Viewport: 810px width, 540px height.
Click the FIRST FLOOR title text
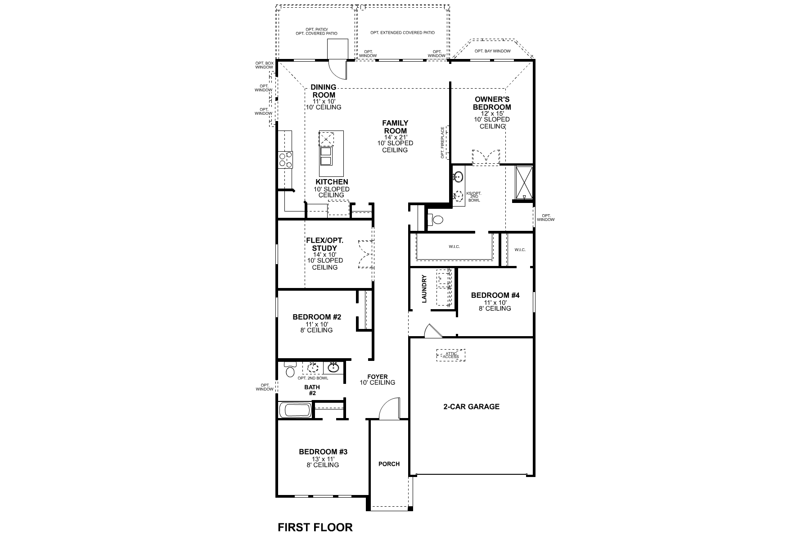tap(315, 527)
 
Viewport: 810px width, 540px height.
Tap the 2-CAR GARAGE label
tap(471, 406)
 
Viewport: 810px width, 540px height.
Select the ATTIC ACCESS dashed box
tap(450, 355)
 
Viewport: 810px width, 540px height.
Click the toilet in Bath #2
tap(290, 371)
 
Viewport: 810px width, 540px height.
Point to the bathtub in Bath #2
tap(295, 410)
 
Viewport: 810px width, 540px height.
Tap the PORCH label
tap(389, 463)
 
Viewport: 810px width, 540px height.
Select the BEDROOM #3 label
tap(323, 451)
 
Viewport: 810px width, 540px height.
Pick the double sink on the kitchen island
tap(326, 157)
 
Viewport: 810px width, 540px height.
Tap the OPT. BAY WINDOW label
tap(492, 51)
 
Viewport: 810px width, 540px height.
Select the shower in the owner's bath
tap(523, 183)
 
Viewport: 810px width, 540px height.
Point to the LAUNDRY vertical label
tap(424, 288)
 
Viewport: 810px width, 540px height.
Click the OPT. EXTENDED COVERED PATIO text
tap(402, 32)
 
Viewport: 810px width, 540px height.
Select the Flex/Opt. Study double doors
tap(365, 254)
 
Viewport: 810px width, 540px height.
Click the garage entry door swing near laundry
tap(432, 331)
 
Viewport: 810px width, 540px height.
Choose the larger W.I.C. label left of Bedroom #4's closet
tap(454, 247)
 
